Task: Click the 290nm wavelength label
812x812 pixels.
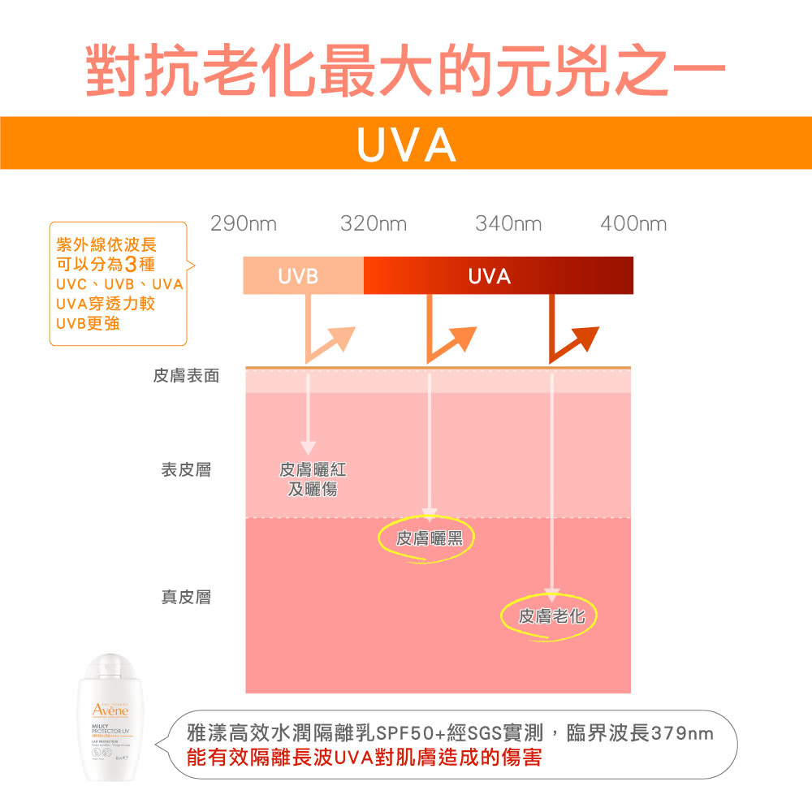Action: pyautogui.click(x=244, y=223)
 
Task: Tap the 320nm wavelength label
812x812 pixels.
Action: pyautogui.click(x=374, y=223)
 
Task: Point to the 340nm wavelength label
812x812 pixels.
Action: pyautogui.click(x=508, y=223)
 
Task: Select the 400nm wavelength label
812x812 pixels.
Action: pyautogui.click(x=633, y=223)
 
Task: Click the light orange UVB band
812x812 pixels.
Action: pyautogui.click(x=303, y=276)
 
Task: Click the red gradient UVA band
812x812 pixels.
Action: pyautogui.click(x=499, y=276)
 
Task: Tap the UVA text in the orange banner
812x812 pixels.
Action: pyautogui.click(x=406, y=145)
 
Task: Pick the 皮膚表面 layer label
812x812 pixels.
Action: pyautogui.click(x=186, y=376)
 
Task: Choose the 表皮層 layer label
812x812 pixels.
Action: pyautogui.click(x=186, y=469)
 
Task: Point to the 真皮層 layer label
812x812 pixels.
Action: pyautogui.click(x=186, y=598)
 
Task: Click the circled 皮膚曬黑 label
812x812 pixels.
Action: pyautogui.click(x=428, y=538)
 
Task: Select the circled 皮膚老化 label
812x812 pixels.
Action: pyautogui.click(x=551, y=617)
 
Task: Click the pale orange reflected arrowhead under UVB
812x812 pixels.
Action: pyautogui.click(x=342, y=337)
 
